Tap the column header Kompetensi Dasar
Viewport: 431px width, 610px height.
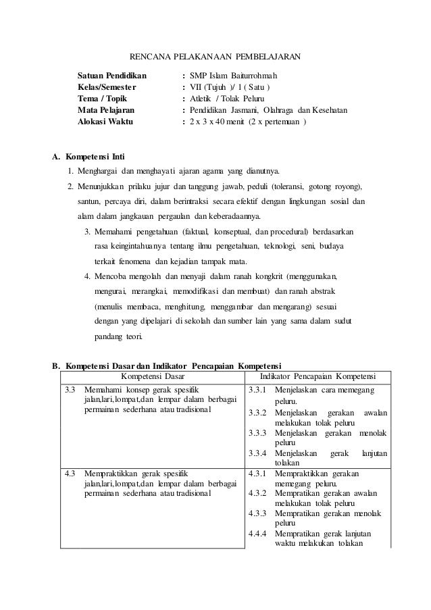click(x=152, y=376)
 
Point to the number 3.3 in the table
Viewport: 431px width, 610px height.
click(x=70, y=390)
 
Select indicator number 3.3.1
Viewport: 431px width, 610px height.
click(x=258, y=390)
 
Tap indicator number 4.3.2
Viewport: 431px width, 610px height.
click(x=258, y=493)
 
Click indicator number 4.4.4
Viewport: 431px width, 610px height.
click(x=258, y=535)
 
